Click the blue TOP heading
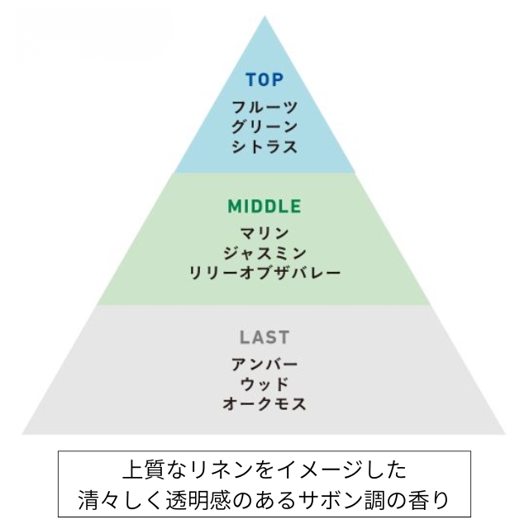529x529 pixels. (x=264, y=80)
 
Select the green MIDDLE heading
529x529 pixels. (x=264, y=207)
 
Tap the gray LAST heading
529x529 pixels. (x=264, y=337)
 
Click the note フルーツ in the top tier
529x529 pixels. (x=264, y=107)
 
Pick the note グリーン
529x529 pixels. (x=264, y=126)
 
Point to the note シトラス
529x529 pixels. (x=264, y=147)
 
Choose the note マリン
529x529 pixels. (x=264, y=233)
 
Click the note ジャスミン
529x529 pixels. (x=264, y=253)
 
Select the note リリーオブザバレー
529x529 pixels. (x=264, y=273)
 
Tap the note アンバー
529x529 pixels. (x=264, y=364)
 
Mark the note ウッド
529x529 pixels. (x=264, y=384)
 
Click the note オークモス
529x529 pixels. (x=264, y=403)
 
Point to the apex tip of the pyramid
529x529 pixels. (x=264, y=17)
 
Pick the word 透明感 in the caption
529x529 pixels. (x=198, y=500)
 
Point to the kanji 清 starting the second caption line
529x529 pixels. (x=89, y=500)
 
